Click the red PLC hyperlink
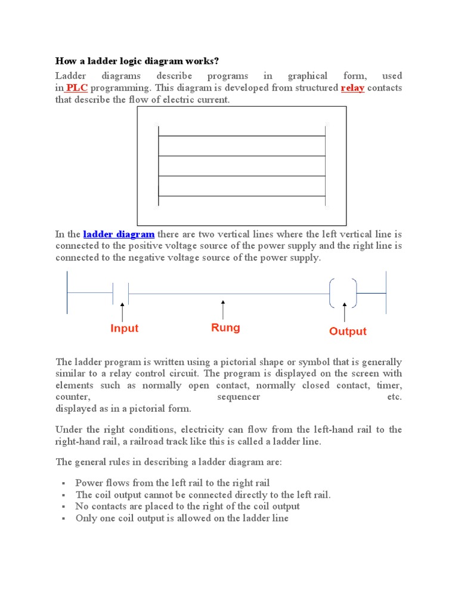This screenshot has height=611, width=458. tap(77, 88)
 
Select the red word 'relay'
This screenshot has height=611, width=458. tap(352, 88)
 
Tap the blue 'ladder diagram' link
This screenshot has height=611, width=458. tap(119, 234)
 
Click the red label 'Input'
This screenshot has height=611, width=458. tap(124, 328)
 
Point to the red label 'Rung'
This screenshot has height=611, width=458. tap(225, 328)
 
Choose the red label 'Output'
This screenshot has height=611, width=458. tap(348, 331)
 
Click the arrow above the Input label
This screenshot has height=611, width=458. tap(122, 311)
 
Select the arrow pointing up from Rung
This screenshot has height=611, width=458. tap(223, 310)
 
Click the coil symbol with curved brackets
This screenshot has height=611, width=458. tap(343, 293)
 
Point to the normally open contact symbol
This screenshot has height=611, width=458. tap(121, 293)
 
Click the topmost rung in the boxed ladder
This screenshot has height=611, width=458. tap(242, 136)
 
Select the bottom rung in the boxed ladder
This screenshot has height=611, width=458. tap(242, 196)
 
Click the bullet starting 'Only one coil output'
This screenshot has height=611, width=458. tap(182, 518)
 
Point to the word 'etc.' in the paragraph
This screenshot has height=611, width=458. tap(394, 397)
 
